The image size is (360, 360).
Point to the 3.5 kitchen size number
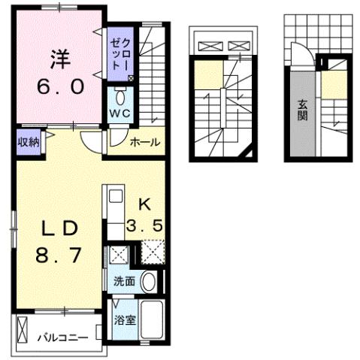(147, 225)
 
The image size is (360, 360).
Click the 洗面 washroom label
(124, 282)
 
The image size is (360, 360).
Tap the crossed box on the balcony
(23, 328)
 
